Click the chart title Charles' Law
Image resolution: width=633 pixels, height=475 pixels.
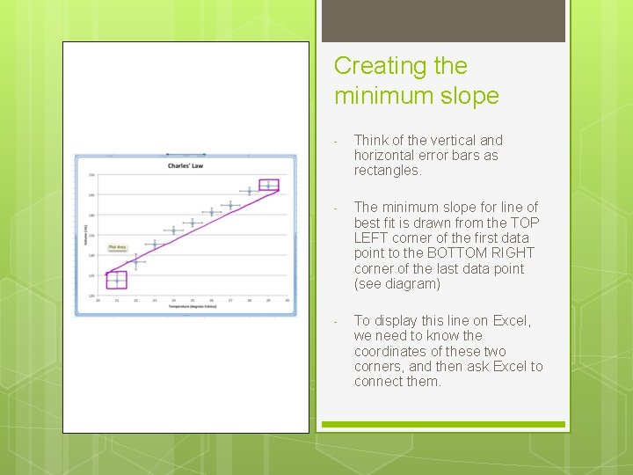(186, 165)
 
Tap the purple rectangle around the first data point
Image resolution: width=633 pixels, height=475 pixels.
(117, 280)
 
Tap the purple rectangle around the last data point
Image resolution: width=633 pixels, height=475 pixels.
(269, 186)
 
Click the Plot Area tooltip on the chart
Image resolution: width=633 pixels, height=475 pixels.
(118, 248)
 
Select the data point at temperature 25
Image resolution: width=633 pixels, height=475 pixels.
(193, 223)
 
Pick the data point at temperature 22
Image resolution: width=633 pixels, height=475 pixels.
(136, 261)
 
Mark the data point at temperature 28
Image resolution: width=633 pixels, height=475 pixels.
(250, 191)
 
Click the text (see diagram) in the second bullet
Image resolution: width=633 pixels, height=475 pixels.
(397, 284)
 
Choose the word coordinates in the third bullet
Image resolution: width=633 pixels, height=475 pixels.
(398, 351)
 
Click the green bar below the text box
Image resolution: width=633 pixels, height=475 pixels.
(443, 425)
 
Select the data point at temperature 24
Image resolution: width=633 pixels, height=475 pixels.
(174, 231)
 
